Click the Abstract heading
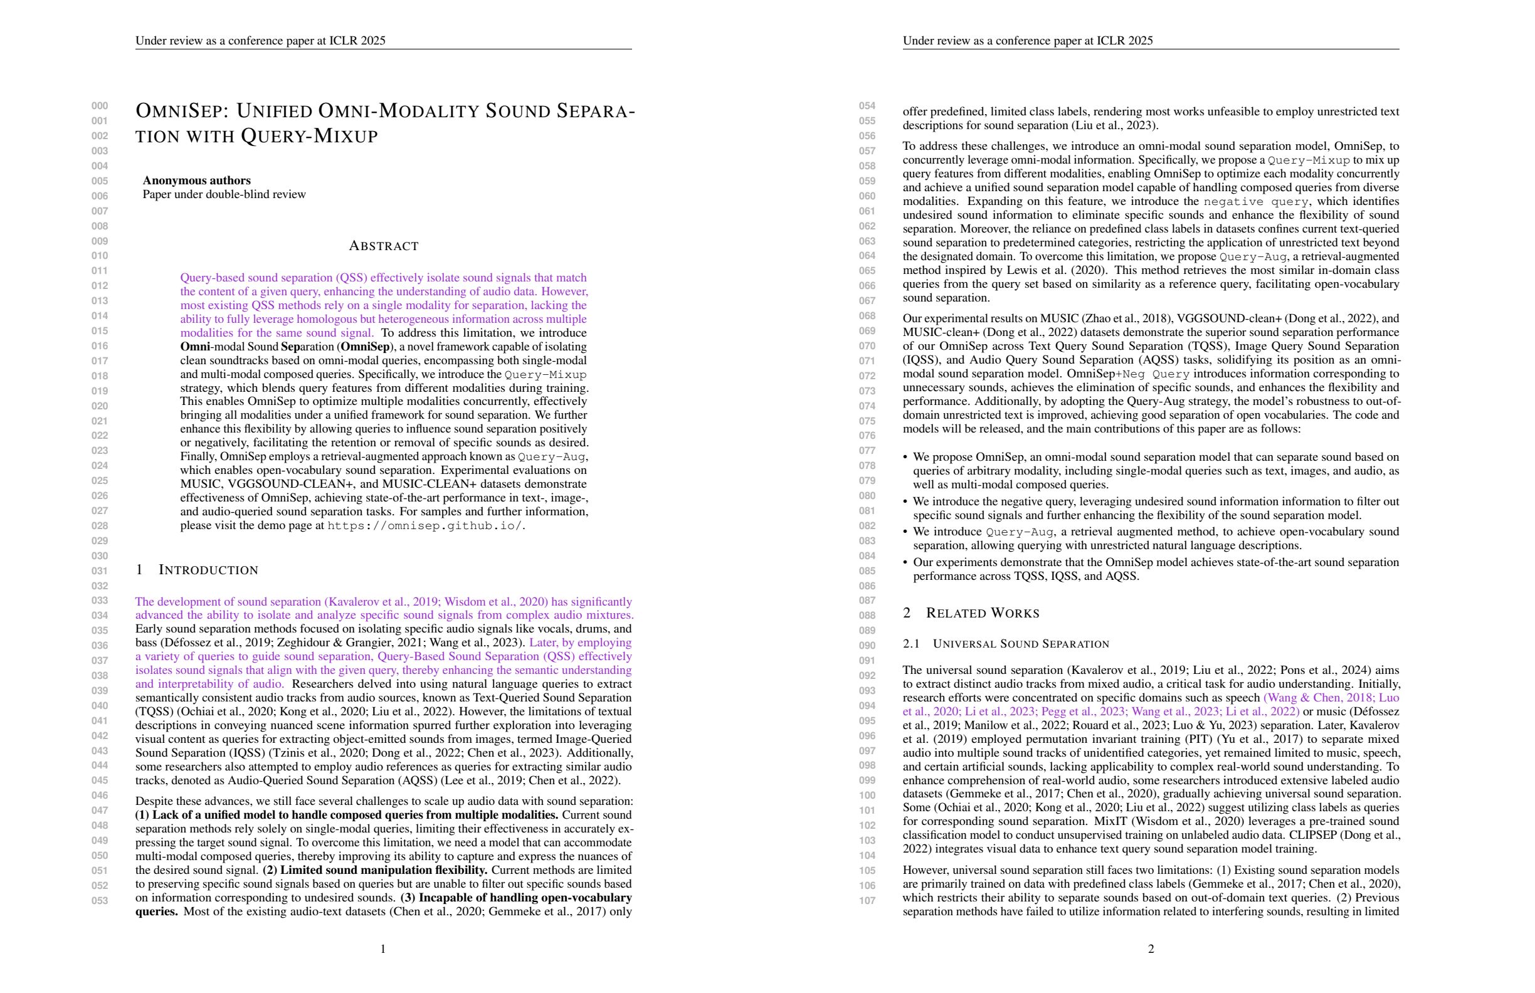pyautogui.click(x=383, y=246)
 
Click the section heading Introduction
pyautogui.click(x=208, y=570)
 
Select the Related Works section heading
pyautogui.click(x=983, y=613)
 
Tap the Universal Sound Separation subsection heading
pyautogui.click(x=1020, y=644)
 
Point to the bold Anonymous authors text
pyautogui.click(x=197, y=181)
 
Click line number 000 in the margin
pyautogui.click(x=99, y=106)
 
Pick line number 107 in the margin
pyautogui.click(x=867, y=900)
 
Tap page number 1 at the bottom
pyautogui.click(x=383, y=948)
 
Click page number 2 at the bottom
pyautogui.click(x=1151, y=948)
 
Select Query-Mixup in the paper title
pyautogui.click(x=309, y=136)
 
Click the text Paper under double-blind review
pyautogui.click(x=224, y=195)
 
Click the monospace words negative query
pyautogui.click(x=1255, y=202)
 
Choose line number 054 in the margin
pyautogui.click(x=867, y=106)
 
